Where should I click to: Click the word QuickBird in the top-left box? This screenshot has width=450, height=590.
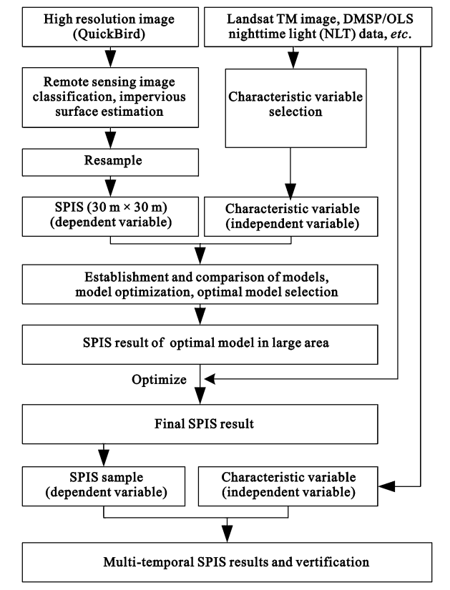tap(109, 34)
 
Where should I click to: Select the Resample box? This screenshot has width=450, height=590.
tap(110, 162)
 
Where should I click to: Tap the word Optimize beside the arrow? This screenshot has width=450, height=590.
tap(159, 379)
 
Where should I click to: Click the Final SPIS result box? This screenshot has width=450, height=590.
tap(200, 424)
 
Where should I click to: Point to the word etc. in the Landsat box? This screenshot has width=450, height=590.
tap(401, 34)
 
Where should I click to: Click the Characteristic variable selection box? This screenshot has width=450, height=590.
tap(295, 108)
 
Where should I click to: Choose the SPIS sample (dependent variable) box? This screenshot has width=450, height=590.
tap(104, 486)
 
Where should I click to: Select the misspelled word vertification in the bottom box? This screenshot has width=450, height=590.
tap(332, 562)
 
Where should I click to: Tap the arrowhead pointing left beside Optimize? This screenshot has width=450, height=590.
tap(210, 379)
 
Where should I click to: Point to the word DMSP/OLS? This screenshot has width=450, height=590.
tap(378, 19)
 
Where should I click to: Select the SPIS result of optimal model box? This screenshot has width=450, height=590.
tap(200, 345)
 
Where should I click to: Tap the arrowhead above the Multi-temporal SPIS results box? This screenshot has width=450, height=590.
tap(227, 534)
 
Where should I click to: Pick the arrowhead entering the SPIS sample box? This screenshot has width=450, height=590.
tap(104, 458)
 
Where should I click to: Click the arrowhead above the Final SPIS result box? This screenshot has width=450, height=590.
tap(200, 396)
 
